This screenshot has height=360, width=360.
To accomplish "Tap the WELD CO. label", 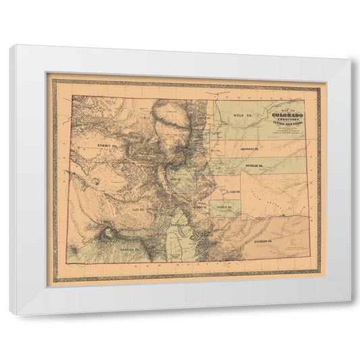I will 242,116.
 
